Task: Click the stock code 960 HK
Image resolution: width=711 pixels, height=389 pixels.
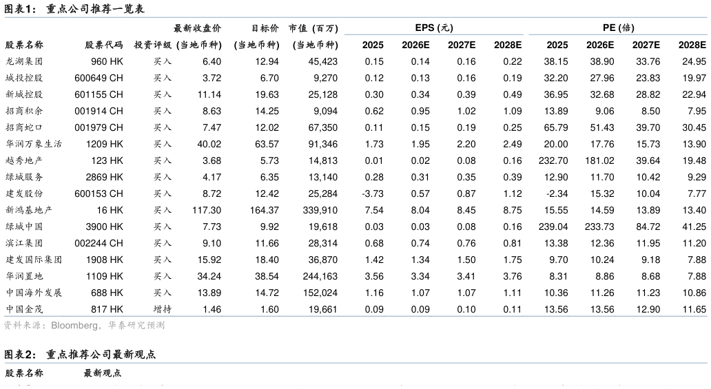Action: click(x=107, y=62)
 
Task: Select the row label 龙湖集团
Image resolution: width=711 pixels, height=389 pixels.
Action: click(x=24, y=62)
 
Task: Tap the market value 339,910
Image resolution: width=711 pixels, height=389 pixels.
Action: click(x=320, y=211)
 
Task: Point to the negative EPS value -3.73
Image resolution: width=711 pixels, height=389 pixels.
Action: click(x=372, y=193)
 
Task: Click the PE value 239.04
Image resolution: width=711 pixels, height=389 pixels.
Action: click(x=553, y=227)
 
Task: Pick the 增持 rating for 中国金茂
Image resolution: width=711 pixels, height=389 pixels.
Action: click(x=163, y=309)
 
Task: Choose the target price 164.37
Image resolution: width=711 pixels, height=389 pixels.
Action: click(x=265, y=211)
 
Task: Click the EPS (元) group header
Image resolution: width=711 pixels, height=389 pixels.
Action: click(x=434, y=28)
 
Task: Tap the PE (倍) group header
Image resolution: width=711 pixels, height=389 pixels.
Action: click(x=618, y=28)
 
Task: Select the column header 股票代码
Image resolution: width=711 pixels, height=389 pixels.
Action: click(x=104, y=45)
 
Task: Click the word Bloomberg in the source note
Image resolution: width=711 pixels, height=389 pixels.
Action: click(x=74, y=326)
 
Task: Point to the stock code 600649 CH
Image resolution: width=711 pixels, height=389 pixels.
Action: click(x=99, y=78)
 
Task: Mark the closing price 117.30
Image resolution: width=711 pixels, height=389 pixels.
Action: click(x=206, y=211)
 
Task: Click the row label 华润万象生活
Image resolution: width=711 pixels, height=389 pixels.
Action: click(x=34, y=144)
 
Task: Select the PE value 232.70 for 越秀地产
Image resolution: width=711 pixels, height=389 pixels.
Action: click(x=553, y=160)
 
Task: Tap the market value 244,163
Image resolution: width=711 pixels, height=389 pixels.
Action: click(x=320, y=276)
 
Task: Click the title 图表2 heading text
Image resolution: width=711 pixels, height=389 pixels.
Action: click(x=80, y=355)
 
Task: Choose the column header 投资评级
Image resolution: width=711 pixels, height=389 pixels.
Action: click(x=153, y=45)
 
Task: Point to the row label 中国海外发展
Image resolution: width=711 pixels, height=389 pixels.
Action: click(x=34, y=293)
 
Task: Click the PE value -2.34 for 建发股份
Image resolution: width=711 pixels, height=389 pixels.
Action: click(x=557, y=193)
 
